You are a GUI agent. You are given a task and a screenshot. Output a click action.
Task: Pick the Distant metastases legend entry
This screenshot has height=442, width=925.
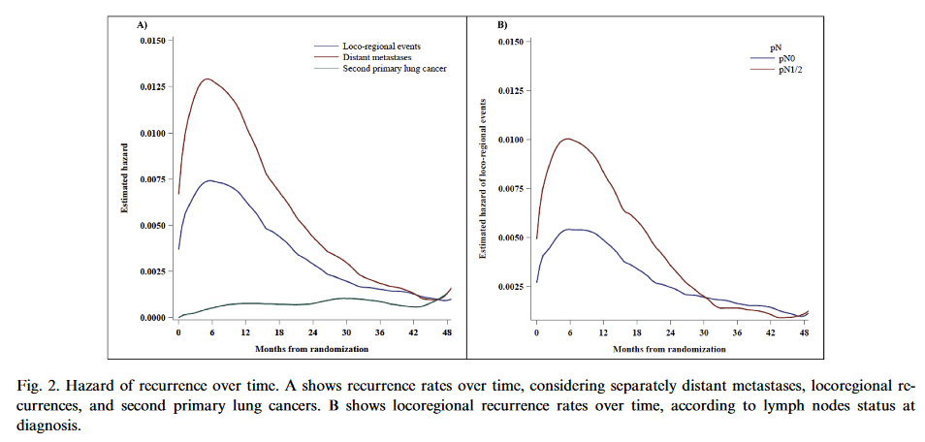click(x=377, y=58)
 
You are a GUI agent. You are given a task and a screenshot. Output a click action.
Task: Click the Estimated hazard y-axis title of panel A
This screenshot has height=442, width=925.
click(x=124, y=179)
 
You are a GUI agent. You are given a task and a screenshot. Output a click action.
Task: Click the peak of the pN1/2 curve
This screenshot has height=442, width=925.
click(x=568, y=139)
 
